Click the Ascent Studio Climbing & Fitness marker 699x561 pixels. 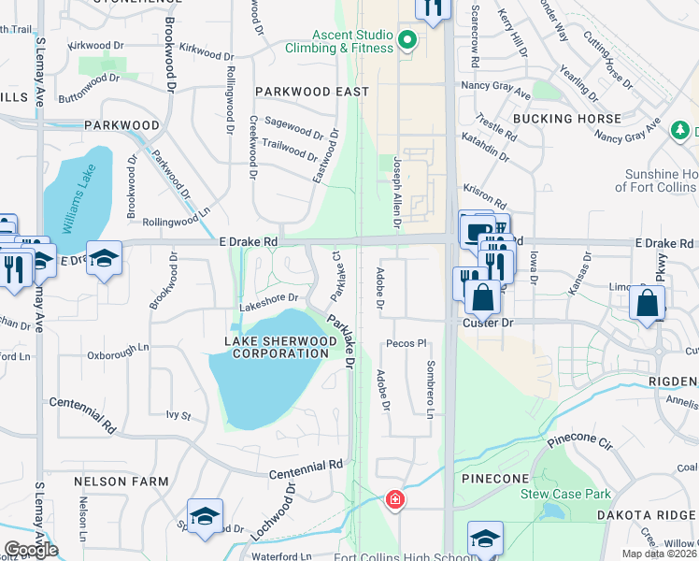coord(407,39)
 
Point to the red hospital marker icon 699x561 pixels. coord(395,499)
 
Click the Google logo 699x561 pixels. coord(31,550)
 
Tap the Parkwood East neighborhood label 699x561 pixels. coord(311,92)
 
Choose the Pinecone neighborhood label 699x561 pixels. coord(497,478)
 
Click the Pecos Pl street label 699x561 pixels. coord(406,343)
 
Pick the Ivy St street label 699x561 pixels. coord(178,414)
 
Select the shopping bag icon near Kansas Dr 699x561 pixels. coord(647,304)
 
